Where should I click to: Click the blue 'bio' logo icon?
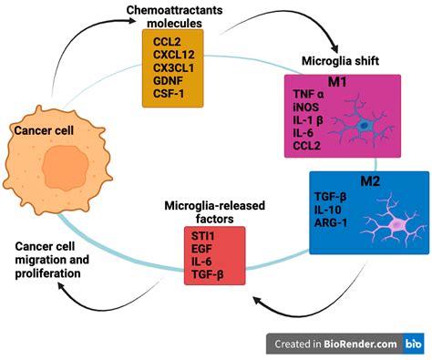(413, 344)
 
